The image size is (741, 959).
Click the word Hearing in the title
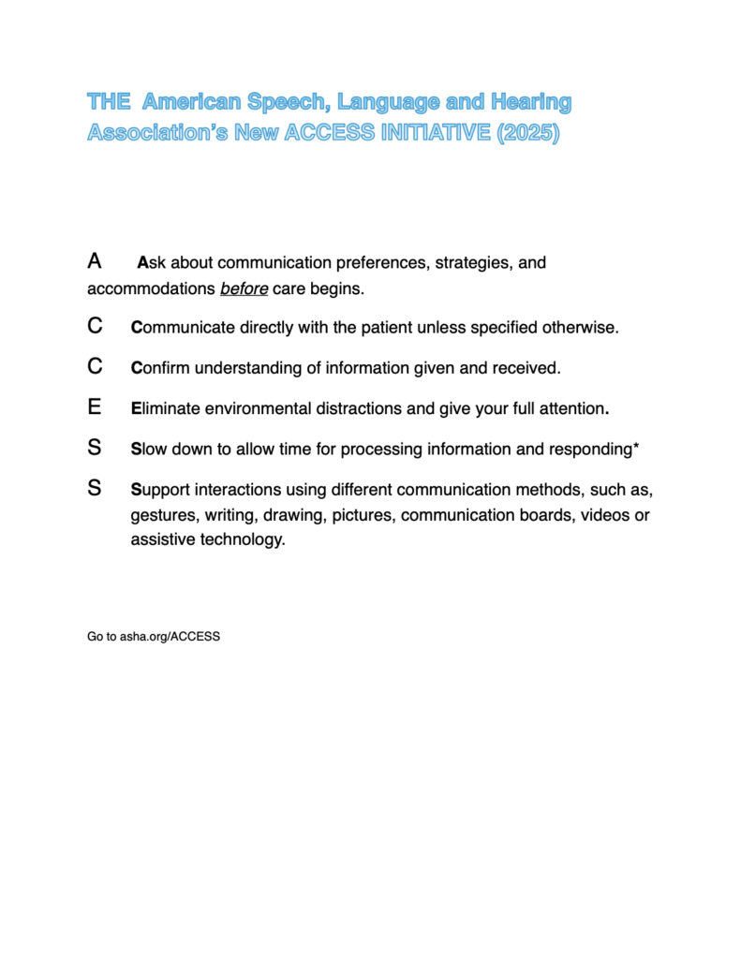(x=531, y=101)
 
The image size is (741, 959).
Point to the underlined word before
(x=244, y=288)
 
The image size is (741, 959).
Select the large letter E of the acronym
(x=94, y=407)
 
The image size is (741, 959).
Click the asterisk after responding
(x=636, y=449)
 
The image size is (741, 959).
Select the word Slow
(x=151, y=450)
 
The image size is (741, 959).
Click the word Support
(x=161, y=490)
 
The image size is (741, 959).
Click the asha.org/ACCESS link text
(x=170, y=637)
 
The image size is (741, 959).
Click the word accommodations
(x=151, y=288)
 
